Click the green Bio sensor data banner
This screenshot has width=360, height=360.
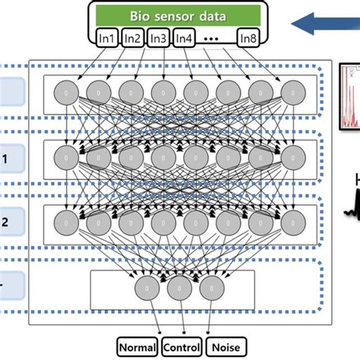pos(180,15)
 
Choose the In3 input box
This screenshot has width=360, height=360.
pos(159,36)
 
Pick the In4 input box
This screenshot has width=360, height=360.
pos(184,36)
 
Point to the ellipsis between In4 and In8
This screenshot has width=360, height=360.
pos(215,36)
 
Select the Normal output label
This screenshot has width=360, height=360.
pos(137,348)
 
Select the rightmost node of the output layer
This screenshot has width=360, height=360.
pos(213,288)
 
